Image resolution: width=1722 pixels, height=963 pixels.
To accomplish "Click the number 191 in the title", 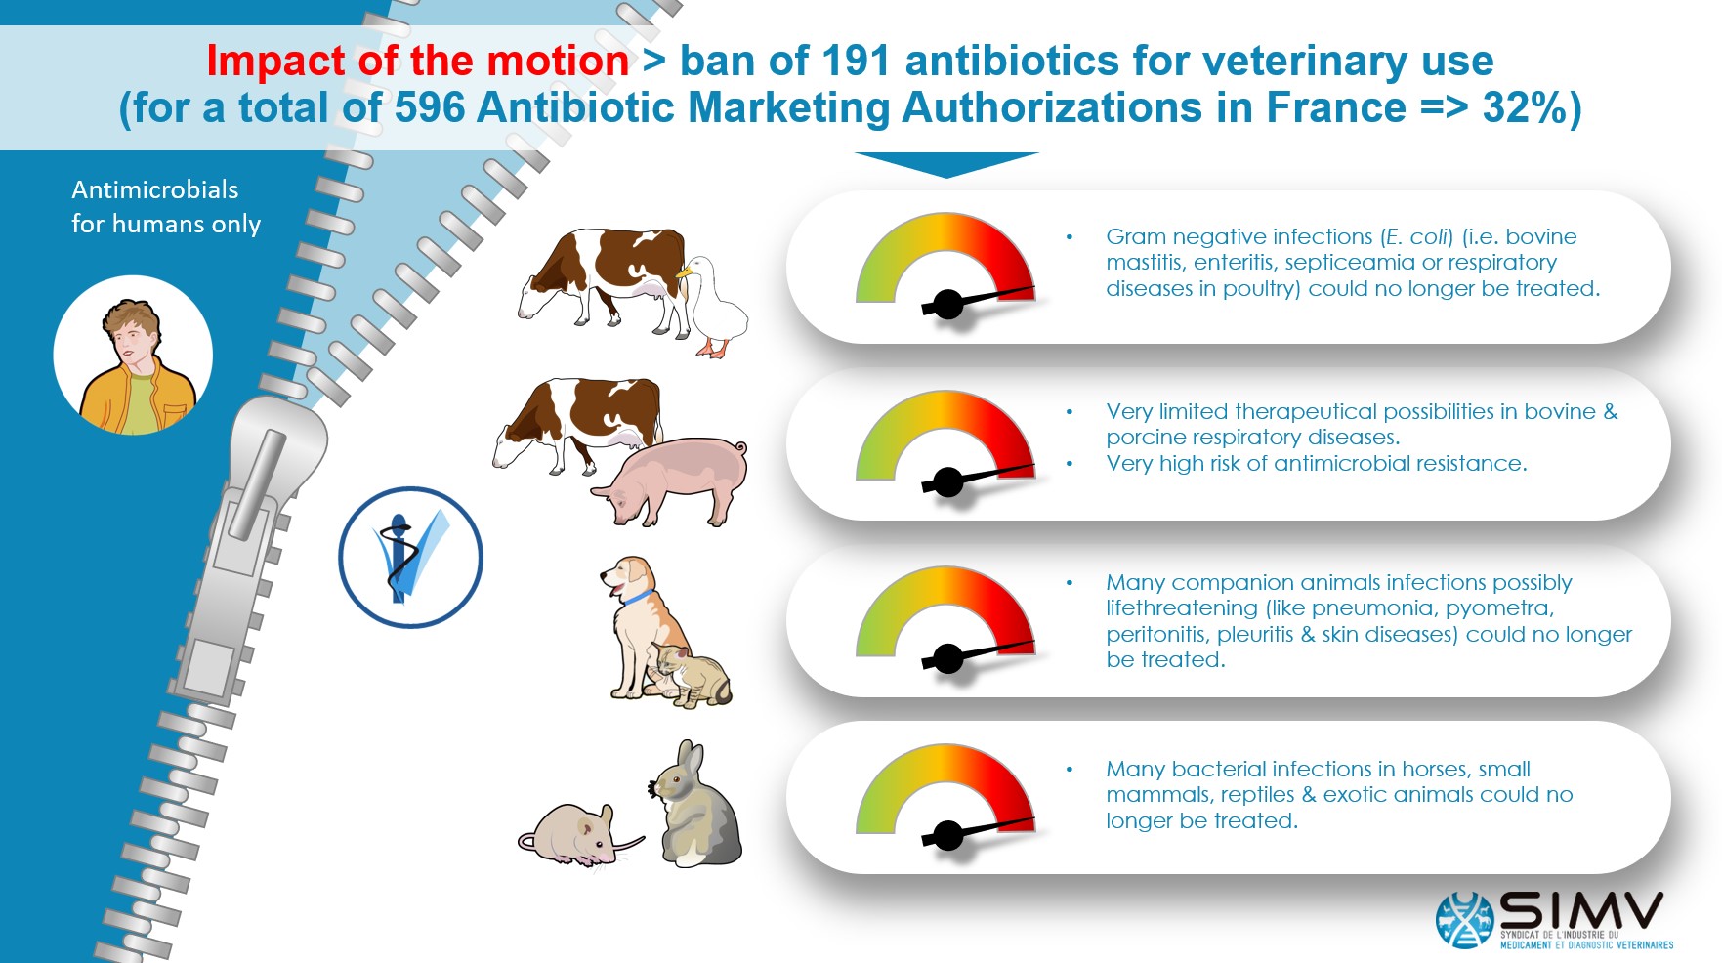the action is pos(856,61).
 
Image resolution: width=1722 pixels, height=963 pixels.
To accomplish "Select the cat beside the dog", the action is pos(691,676).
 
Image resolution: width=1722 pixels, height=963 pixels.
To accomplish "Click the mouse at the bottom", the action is pos(578,836).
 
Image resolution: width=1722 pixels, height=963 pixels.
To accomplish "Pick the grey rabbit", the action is pos(694,805).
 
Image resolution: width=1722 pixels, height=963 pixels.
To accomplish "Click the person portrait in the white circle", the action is pos(133,356).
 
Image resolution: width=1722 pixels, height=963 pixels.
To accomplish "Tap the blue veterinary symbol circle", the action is pos(411,557).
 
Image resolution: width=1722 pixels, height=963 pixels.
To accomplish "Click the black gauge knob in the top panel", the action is pos(947,305).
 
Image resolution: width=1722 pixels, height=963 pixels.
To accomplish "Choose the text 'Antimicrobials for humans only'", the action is pos(166,207).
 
